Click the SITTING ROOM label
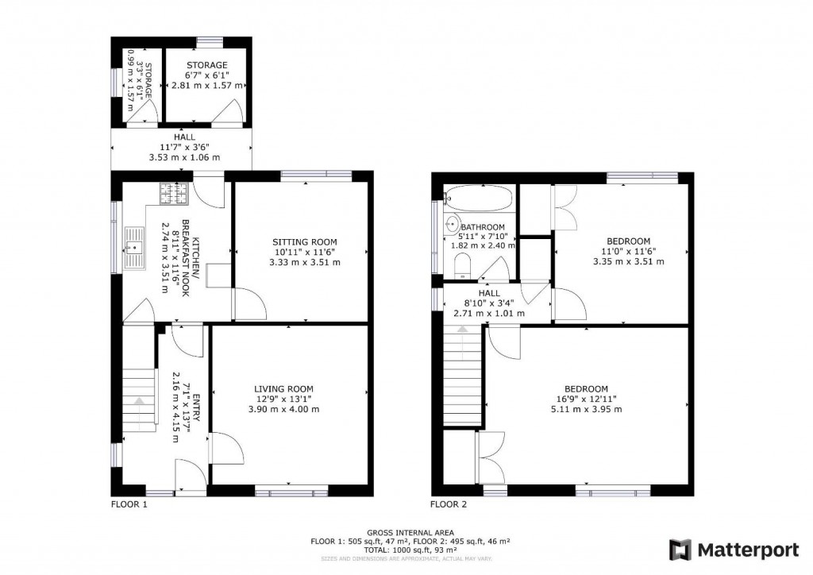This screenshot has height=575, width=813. (x=305, y=241)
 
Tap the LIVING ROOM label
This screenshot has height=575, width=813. (x=283, y=389)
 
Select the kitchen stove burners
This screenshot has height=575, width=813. (x=173, y=194)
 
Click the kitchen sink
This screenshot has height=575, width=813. (x=135, y=248)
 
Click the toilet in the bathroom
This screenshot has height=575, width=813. (x=462, y=266)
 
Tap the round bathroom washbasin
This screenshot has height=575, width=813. (x=453, y=225)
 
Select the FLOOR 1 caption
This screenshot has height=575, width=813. (x=129, y=504)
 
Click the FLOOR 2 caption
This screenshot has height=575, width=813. (x=449, y=504)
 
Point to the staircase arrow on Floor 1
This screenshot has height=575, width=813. (x=139, y=401)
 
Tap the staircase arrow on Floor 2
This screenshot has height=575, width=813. (x=462, y=329)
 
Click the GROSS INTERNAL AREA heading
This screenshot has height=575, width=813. (x=410, y=532)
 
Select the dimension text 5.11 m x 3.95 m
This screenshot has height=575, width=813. (x=587, y=409)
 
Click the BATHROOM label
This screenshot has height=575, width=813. (x=483, y=227)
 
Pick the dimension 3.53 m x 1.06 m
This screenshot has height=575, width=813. (x=184, y=157)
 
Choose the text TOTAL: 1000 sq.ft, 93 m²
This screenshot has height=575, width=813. (x=410, y=550)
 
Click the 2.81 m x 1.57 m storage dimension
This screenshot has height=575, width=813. (x=207, y=85)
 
